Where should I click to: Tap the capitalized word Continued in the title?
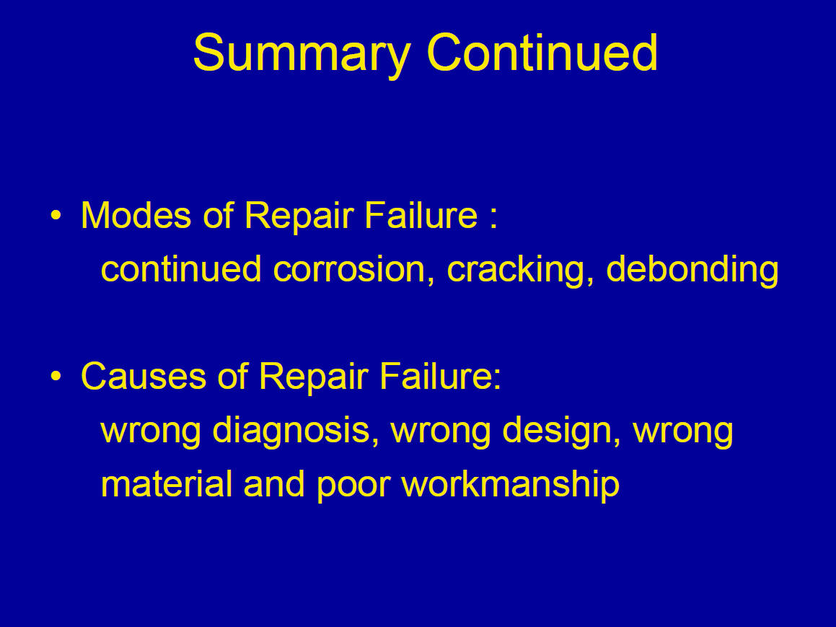(x=542, y=52)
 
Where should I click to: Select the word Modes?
(x=136, y=216)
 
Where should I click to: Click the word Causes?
(x=144, y=376)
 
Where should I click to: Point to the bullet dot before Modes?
(x=56, y=216)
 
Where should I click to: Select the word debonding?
(x=692, y=271)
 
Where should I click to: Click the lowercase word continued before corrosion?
(x=181, y=268)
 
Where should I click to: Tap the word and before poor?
(x=274, y=483)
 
